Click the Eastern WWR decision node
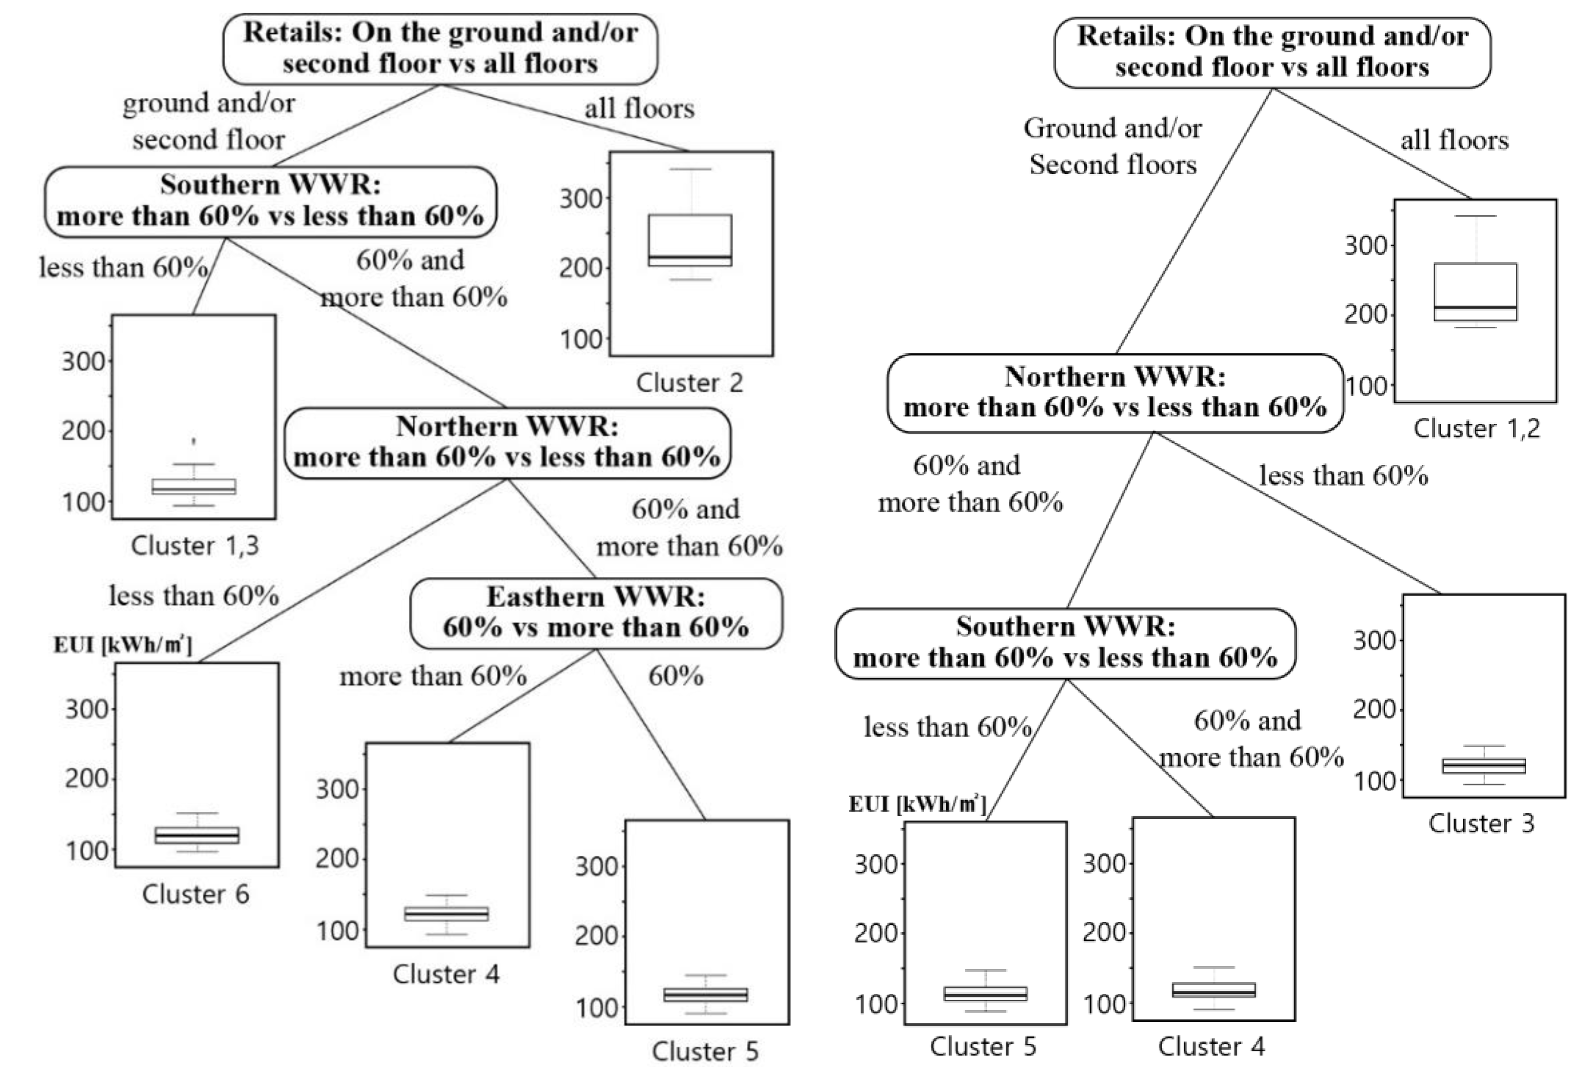click(596, 612)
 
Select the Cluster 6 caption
click(195, 894)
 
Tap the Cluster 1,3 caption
click(195, 545)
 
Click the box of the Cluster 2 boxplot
click(690, 239)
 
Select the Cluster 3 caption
click(1481, 823)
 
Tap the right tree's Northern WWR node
click(1115, 392)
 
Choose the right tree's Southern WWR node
click(1065, 642)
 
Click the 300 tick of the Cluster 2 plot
click(581, 199)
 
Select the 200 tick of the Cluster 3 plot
click(1373, 710)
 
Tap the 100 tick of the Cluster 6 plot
click(87, 850)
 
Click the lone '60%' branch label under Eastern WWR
click(675, 676)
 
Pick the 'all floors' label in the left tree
click(639, 108)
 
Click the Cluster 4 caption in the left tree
click(446, 974)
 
